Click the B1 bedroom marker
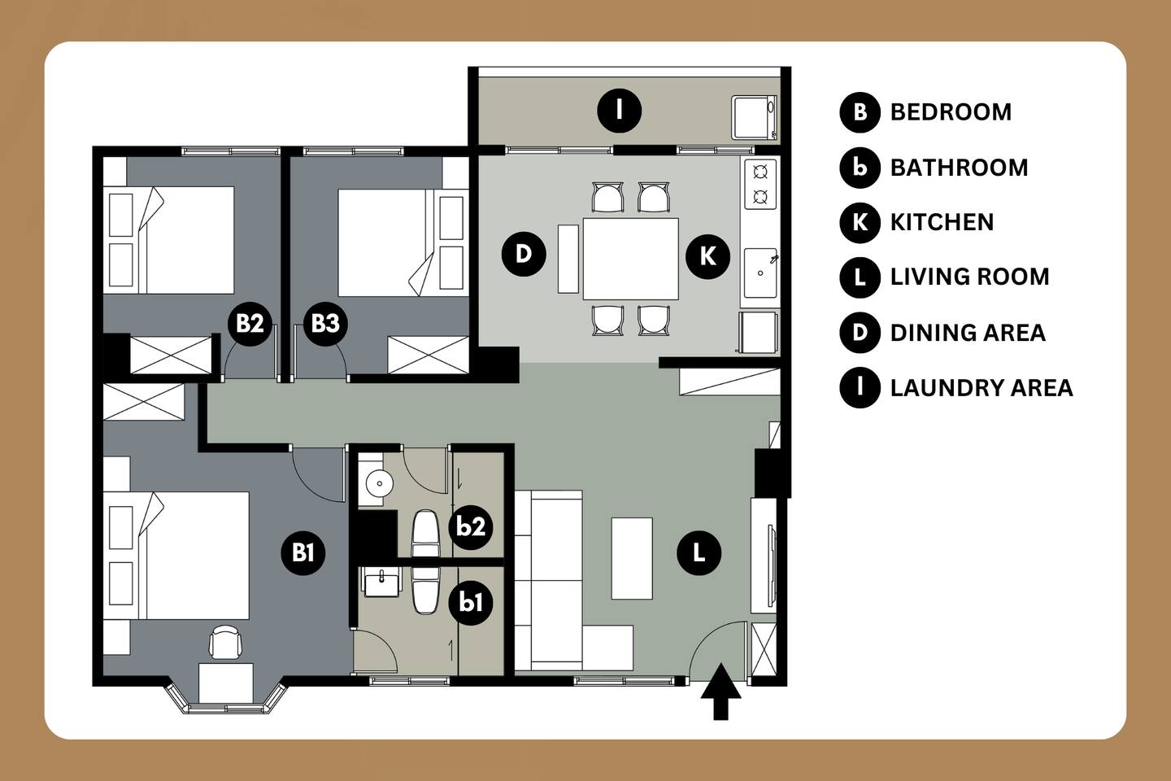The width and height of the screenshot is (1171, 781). coord(303,553)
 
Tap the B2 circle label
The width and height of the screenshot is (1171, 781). coord(250,323)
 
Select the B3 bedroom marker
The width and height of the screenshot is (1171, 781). coord(325,323)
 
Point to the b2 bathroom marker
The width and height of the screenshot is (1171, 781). coord(471,527)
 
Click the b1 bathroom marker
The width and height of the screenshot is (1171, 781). coord(471,603)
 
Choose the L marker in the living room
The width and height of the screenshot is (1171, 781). coord(699,553)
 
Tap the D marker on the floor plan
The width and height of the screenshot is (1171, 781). coord(524,254)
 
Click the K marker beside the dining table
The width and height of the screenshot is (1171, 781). coord(707,256)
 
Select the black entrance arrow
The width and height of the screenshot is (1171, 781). coord(720,692)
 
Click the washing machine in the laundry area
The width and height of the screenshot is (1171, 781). coord(755,117)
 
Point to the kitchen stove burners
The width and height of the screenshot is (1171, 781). coord(760,184)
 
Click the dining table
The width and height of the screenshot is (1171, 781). coord(630,259)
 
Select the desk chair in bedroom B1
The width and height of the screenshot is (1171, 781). coord(225,642)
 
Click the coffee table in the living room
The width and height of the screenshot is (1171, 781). coord(632,558)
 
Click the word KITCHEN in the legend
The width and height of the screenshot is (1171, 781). coord(942,222)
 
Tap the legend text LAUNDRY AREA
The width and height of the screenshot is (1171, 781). coord(982,388)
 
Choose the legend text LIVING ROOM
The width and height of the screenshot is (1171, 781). coord(969,277)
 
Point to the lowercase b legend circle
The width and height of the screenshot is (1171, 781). coord(860,168)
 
